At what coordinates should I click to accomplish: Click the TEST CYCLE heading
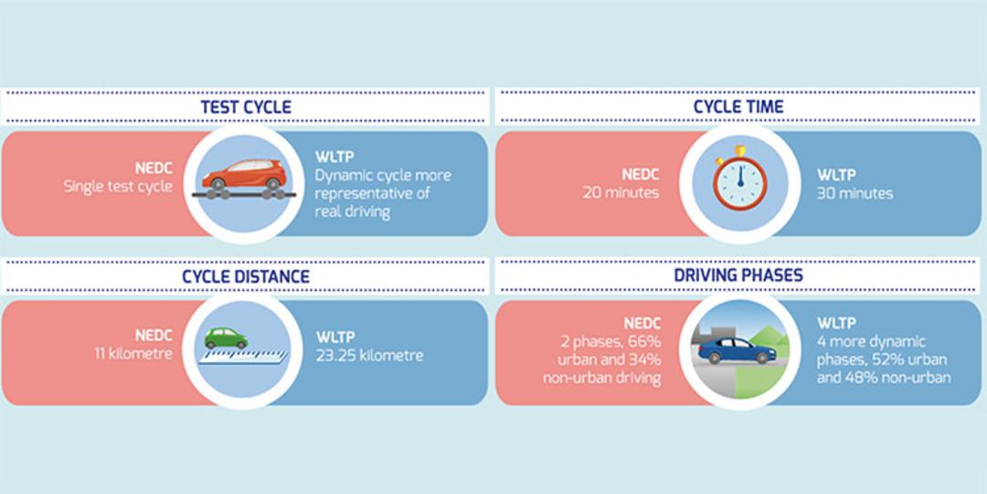[246, 107]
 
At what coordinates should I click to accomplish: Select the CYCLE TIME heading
[738, 107]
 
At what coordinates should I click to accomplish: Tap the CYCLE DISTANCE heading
[246, 276]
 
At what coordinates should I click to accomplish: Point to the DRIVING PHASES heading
[738, 275]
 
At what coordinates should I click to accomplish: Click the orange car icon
[244, 175]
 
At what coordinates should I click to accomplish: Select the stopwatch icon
[739, 183]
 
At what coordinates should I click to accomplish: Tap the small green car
[226, 338]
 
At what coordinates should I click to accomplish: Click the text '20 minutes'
[621, 193]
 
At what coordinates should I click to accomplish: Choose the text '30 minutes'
[854, 193]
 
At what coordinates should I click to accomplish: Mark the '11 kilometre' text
[133, 353]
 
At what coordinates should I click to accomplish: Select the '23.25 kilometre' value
[369, 355]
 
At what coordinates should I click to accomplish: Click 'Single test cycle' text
[118, 187]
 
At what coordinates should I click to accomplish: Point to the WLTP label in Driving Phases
[836, 323]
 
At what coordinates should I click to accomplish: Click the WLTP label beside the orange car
[334, 157]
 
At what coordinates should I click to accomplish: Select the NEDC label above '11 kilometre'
[154, 336]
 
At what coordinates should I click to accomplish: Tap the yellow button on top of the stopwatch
[740, 151]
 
